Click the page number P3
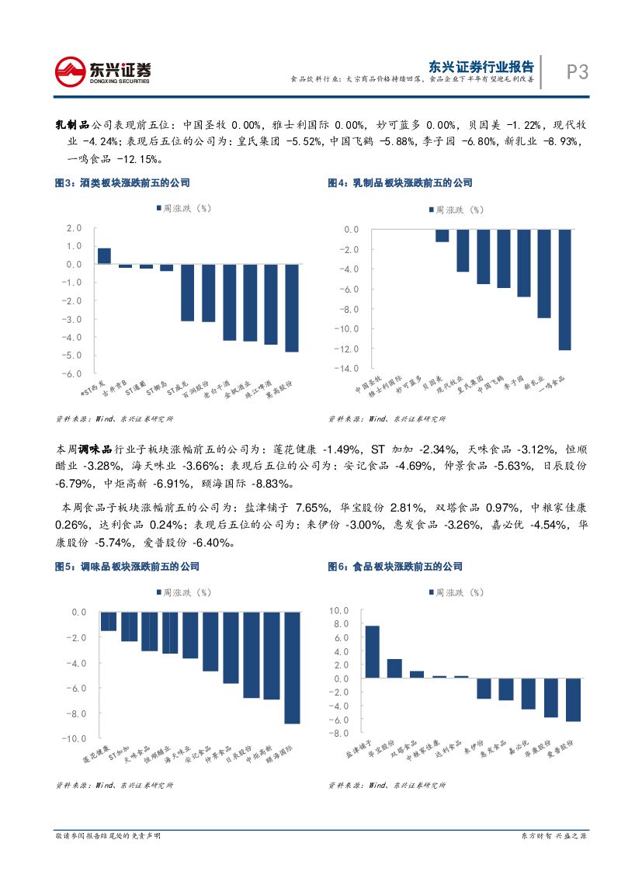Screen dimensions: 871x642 577,72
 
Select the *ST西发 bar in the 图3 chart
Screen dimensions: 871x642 104,256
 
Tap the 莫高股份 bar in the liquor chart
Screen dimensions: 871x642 292,308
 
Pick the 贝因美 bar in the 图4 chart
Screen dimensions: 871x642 442,236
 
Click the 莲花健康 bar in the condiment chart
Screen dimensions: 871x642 109,621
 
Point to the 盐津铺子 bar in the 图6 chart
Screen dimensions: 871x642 373,651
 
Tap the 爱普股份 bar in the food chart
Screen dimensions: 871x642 573,699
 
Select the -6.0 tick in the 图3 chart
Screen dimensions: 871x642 74,373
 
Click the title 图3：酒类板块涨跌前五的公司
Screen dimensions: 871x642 122,183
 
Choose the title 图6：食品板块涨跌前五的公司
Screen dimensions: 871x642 395,567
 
